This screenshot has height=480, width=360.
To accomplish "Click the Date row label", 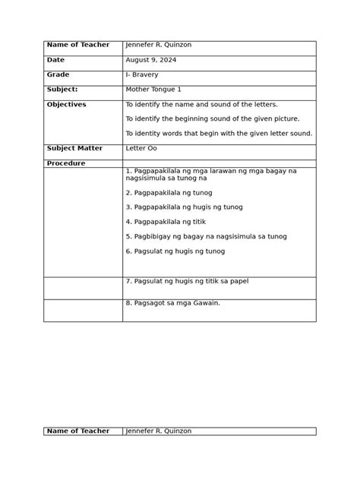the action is point(55,60).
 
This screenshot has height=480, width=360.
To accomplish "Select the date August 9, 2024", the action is point(150,60).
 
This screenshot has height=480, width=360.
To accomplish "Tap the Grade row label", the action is point(58,75).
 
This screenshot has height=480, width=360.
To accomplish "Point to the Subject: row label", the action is point(62,90).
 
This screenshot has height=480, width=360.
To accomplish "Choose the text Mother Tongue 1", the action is point(153,90).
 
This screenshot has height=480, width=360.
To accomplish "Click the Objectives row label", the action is point(66,105).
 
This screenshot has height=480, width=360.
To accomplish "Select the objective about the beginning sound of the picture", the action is point(212,118).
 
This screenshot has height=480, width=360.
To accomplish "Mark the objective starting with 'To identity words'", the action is point(218,134).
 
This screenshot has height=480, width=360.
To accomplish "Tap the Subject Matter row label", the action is point(74,149).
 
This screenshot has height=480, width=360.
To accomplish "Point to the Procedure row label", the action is point(66,163).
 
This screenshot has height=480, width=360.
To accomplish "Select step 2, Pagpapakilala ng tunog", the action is point(175,193).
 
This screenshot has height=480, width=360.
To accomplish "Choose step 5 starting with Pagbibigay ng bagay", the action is point(206,236).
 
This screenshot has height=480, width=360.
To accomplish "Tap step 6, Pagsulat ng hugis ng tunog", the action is point(175,251).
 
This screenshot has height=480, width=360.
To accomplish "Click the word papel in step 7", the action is point(238,281).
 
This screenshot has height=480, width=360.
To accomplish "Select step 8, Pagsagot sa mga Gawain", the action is point(172,303).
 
